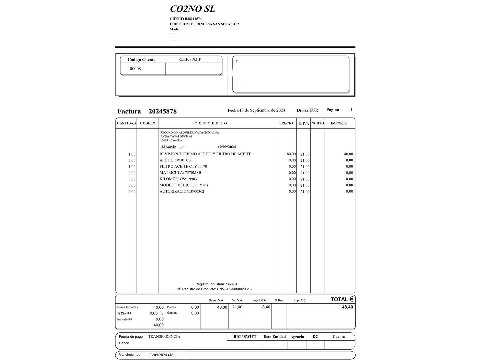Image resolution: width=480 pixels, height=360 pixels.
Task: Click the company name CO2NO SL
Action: point(192,9)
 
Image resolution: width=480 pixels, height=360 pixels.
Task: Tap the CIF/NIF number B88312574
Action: point(193,19)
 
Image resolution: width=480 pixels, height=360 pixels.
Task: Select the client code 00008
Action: point(135,69)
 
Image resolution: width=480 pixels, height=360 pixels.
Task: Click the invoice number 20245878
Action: point(162,111)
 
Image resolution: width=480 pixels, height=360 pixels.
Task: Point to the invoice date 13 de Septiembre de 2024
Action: point(262,110)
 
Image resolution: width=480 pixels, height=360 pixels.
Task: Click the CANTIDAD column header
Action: point(126,123)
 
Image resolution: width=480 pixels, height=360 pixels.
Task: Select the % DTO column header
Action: point(318,123)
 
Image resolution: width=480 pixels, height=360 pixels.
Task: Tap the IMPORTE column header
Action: point(339,123)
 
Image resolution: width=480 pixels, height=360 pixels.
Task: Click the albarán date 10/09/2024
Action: point(227,147)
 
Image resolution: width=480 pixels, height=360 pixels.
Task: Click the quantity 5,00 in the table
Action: point(132,161)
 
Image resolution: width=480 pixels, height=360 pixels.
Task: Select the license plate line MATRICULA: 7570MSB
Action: point(180,173)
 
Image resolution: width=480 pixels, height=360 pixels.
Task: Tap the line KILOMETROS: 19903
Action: point(178,179)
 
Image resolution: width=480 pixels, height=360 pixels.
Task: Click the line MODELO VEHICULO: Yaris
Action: point(184,185)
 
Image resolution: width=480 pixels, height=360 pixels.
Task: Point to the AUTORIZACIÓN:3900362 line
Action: point(182,192)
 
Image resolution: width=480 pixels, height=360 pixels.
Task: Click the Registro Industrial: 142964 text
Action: point(216,284)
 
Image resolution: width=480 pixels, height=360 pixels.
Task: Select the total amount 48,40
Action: point(347,307)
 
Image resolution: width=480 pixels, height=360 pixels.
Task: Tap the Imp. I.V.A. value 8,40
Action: point(266,307)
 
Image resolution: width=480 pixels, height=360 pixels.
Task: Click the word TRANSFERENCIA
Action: point(164,337)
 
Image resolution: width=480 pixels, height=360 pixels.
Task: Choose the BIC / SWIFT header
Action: point(245,337)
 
